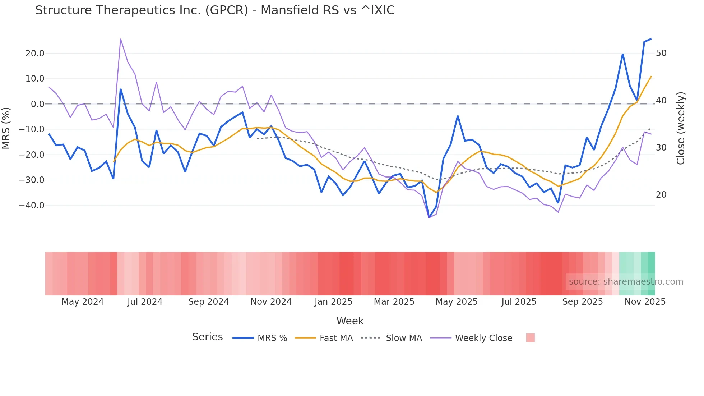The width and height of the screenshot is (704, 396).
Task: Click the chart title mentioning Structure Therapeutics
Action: (215, 10)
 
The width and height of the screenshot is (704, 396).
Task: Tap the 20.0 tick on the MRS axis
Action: (35, 54)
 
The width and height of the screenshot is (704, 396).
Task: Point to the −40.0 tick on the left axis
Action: (32, 206)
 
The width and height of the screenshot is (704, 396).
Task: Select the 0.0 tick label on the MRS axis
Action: (37, 104)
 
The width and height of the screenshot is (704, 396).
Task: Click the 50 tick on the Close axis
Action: (661, 53)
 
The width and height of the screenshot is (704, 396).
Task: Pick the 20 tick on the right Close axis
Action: (661, 195)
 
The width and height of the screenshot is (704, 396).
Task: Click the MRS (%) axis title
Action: (6, 128)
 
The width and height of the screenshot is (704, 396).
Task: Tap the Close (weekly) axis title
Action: (681, 128)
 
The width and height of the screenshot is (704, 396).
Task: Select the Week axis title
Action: (350, 321)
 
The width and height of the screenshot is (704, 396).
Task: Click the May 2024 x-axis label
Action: (82, 302)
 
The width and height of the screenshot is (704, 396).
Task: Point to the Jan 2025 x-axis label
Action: (333, 302)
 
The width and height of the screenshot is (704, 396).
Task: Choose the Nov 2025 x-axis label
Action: (645, 302)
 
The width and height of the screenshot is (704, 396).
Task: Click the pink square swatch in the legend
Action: (530, 338)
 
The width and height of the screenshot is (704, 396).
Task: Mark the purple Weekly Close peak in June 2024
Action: (120, 39)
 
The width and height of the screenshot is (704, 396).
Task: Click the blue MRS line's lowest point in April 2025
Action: (429, 217)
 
